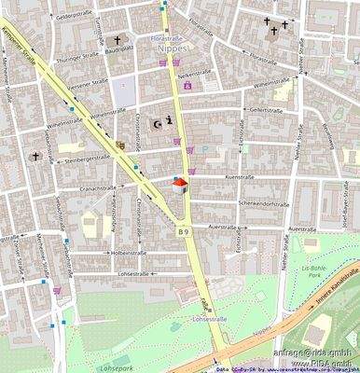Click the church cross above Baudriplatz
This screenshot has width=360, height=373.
[118, 39]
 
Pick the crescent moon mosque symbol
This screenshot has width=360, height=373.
[157, 121]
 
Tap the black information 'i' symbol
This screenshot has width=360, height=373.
[169, 120]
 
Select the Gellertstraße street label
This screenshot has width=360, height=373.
[266, 108]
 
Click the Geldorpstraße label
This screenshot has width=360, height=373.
[75, 17]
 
